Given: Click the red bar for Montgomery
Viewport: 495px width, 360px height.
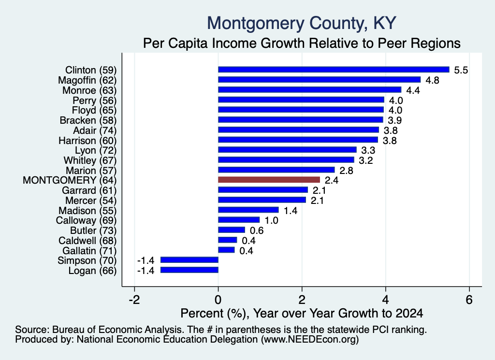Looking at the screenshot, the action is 269,180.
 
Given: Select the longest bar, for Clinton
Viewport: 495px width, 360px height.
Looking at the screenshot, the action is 334,70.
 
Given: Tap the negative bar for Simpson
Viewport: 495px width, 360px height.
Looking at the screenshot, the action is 189,260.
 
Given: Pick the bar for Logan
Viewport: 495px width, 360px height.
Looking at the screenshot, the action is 189,270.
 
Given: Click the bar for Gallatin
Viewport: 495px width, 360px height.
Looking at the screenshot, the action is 226,250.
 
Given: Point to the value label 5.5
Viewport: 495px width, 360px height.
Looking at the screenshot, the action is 461,70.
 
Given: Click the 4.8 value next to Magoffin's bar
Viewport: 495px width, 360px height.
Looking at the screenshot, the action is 432,80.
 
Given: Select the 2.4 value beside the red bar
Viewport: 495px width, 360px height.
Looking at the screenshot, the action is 332,180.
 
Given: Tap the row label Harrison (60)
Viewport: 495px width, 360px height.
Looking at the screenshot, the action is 87,141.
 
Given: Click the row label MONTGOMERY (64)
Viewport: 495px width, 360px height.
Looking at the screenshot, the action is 70,180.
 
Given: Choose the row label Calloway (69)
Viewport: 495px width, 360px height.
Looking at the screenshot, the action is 86,220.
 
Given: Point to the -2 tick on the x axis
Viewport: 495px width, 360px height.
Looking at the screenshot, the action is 134,300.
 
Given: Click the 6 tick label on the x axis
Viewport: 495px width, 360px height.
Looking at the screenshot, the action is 469,300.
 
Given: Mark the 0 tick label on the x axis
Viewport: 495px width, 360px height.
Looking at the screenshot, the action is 218,300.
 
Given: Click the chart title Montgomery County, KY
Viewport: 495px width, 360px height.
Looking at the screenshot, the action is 302,23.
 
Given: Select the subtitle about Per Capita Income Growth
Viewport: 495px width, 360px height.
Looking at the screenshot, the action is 302,43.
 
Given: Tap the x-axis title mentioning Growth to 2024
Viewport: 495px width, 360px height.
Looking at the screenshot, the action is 302,313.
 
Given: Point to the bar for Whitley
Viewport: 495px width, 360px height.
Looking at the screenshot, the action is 286,160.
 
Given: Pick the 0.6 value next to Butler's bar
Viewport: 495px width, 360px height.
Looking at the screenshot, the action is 257,230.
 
